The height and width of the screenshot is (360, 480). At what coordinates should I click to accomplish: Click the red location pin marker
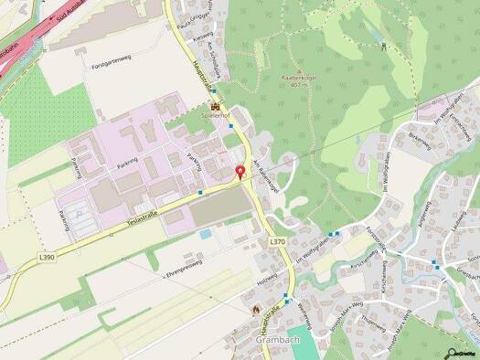(x=240, y=173)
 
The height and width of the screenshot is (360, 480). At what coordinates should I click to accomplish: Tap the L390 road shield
(x=47, y=259)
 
